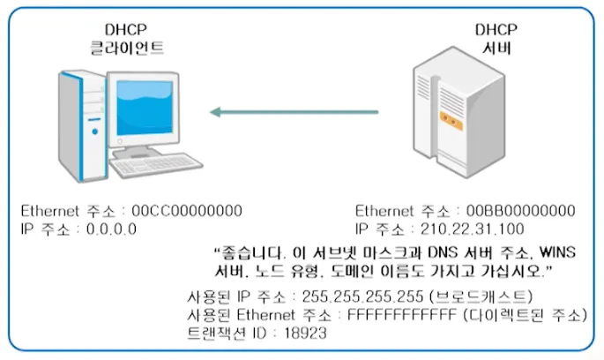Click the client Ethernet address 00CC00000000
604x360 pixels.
186,212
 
